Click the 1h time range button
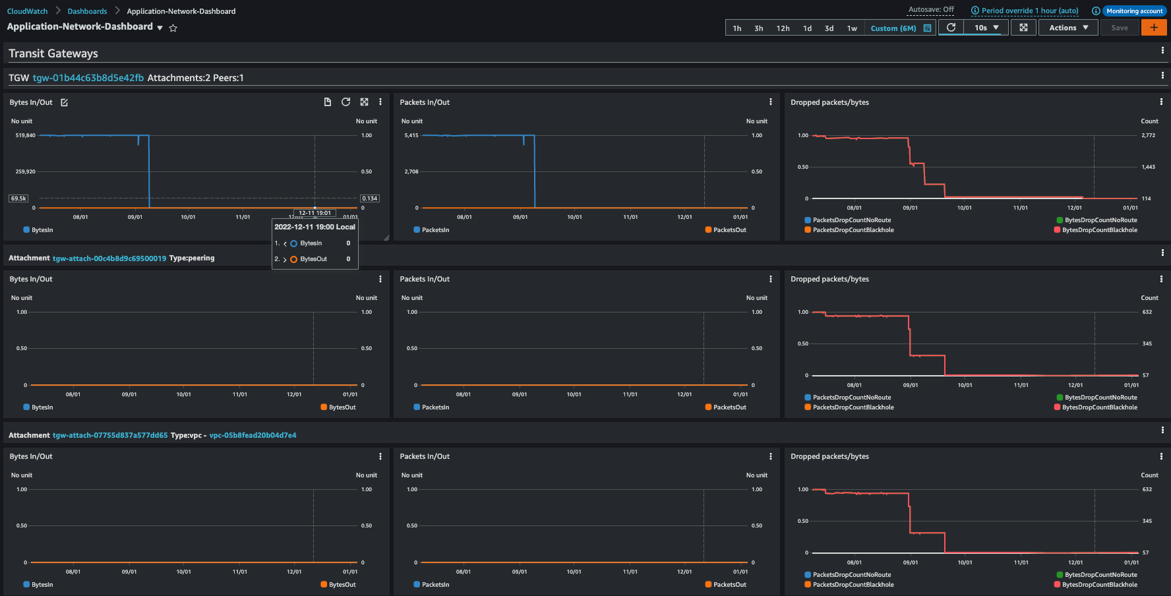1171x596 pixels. [737, 28]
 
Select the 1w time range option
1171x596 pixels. [852, 28]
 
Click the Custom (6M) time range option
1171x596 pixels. [893, 28]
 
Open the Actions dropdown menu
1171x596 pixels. [1068, 28]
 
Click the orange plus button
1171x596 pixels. [1154, 28]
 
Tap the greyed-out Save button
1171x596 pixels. [1119, 28]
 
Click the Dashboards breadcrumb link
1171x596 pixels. [87, 11]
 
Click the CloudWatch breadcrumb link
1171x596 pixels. [27, 11]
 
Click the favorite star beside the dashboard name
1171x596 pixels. [173, 28]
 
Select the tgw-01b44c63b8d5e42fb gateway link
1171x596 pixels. [88, 78]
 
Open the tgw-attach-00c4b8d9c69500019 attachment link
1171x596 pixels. [109, 258]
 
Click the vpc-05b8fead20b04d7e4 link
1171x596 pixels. [253, 435]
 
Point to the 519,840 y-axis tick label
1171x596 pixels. [26, 135]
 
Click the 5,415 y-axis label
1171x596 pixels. [411, 135]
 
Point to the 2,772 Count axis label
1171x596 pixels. [1149, 135]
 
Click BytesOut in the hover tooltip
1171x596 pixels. [313, 259]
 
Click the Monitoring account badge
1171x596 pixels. [1134, 11]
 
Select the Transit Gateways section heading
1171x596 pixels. [53, 53]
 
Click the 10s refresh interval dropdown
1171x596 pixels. [986, 28]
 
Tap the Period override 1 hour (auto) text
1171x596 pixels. [1030, 11]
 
